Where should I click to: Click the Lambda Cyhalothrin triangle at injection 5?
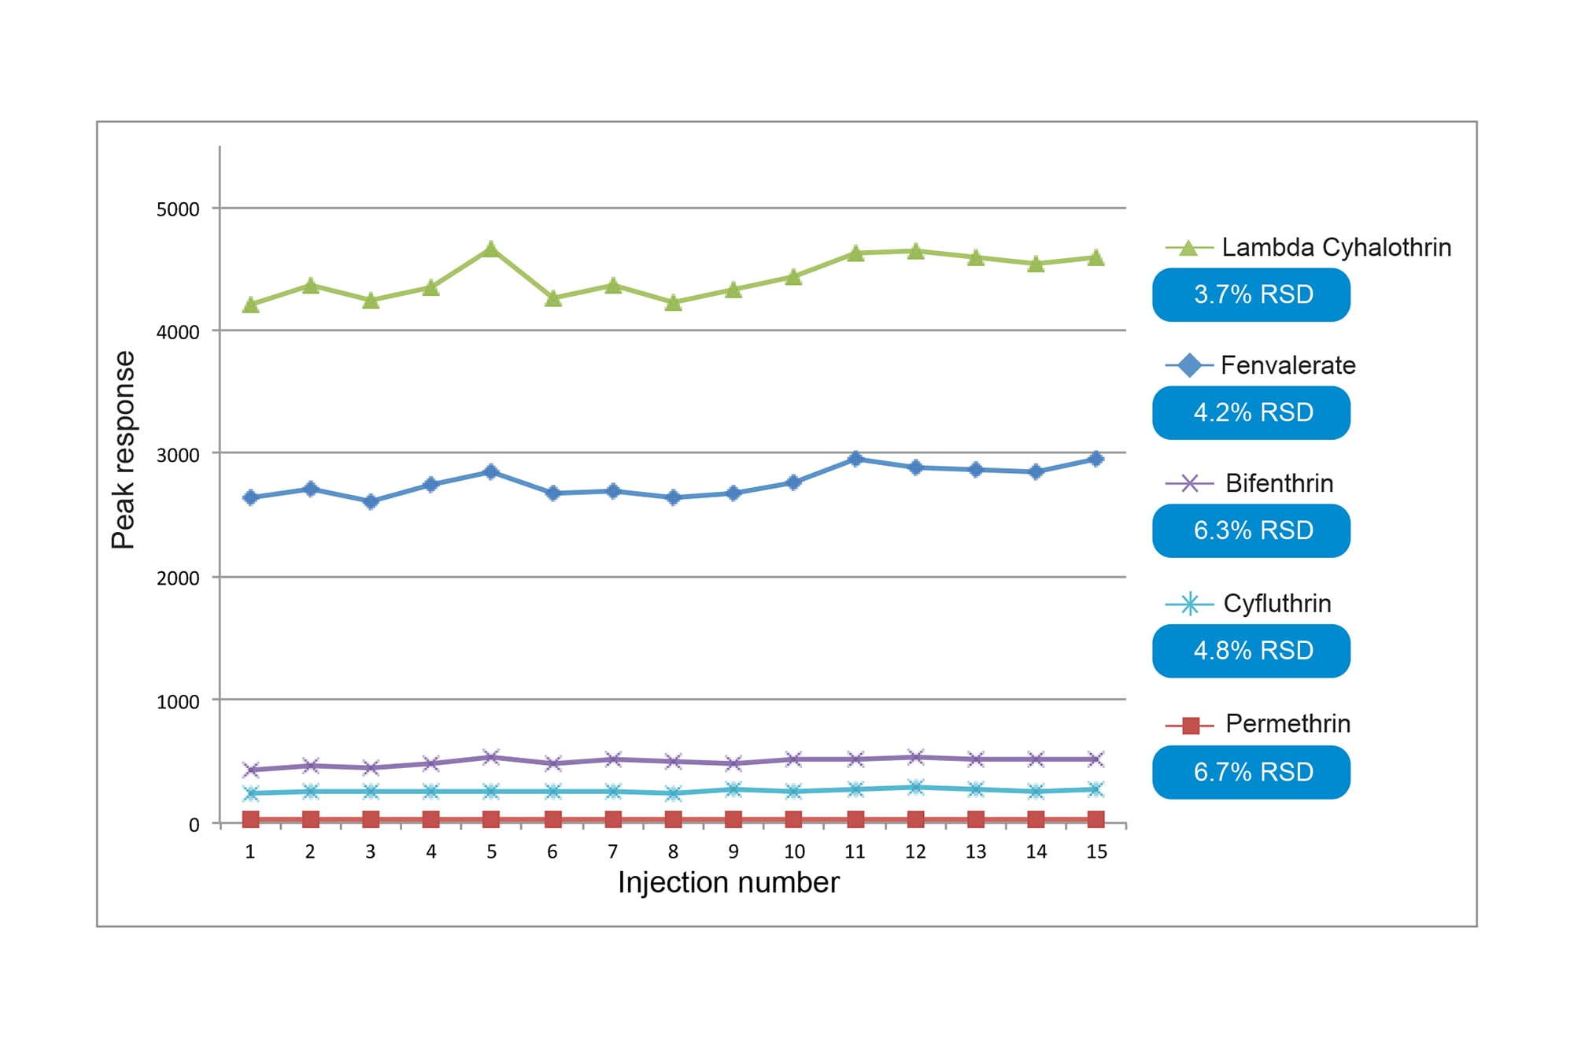click(491, 249)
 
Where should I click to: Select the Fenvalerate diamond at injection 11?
click(855, 459)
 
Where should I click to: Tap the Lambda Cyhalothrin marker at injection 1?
click(250, 305)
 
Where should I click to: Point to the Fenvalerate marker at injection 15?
click(1096, 459)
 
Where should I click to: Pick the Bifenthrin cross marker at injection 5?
click(491, 757)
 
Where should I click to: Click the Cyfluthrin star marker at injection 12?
click(915, 787)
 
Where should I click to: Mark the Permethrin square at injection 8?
click(673, 819)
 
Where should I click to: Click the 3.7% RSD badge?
click(1251, 294)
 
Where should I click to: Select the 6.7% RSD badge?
click(1251, 772)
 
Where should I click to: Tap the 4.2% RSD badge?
click(1251, 412)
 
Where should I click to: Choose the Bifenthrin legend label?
click(1279, 483)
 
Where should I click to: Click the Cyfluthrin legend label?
click(1277, 604)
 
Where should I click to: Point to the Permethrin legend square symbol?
click(1190, 725)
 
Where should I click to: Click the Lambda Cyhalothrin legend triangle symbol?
click(1189, 248)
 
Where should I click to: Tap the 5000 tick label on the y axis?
click(178, 209)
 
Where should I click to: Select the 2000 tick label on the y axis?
click(178, 578)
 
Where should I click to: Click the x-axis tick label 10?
click(794, 851)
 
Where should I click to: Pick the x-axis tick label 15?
click(1096, 851)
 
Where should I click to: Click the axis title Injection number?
click(728, 882)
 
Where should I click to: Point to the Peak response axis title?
click(124, 449)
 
